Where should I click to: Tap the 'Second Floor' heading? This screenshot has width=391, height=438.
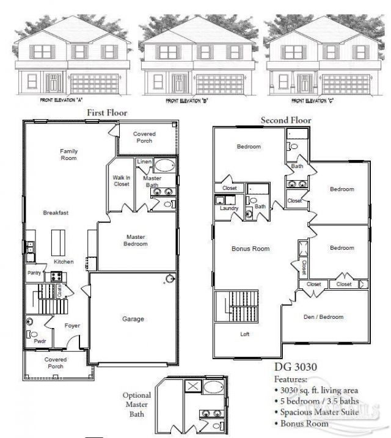point(286,120)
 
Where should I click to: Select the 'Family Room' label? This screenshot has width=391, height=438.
point(68,155)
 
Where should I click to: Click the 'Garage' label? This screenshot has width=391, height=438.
point(133,319)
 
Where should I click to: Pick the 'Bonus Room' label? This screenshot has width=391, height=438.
point(250,249)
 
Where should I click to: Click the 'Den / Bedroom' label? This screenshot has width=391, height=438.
point(324,317)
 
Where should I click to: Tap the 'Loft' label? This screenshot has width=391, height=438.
point(244,334)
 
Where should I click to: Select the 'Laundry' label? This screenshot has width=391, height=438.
point(228,208)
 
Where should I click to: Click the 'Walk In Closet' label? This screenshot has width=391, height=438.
point(122,181)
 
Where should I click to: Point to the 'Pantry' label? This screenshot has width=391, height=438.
point(33,273)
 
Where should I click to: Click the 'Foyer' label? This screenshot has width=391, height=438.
point(72,326)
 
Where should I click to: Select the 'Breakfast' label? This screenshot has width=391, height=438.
point(56,213)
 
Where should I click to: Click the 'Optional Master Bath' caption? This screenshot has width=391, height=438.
point(136,404)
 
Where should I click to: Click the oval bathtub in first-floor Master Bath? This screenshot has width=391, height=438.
point(164,166)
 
